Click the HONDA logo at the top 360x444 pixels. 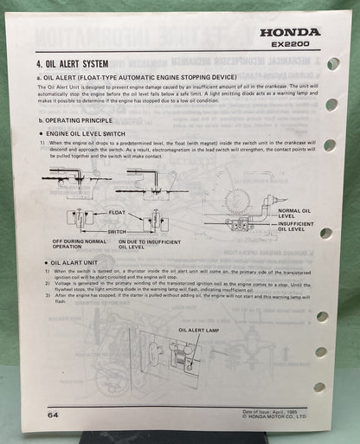291,31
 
